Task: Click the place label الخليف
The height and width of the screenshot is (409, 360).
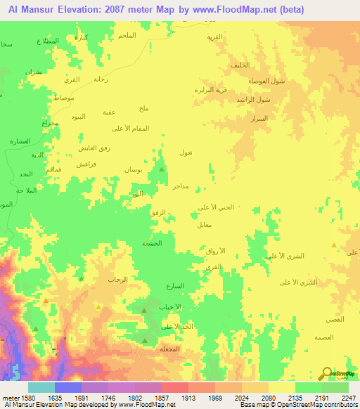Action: coord(240,65)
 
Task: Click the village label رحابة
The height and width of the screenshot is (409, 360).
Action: coord(101,79)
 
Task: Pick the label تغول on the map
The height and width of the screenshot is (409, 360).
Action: coord(186,152)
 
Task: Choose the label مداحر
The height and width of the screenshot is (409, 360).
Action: coord(181,187)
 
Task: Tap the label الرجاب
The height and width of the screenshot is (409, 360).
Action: coord(117,279)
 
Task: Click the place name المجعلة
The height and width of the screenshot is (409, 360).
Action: coord(171,349)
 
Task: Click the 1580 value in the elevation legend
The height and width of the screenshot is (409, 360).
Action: coord(22,398)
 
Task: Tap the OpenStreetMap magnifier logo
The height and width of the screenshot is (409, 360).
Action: coord(326,373)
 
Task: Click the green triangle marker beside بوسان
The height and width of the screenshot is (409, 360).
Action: coord(162,169)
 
